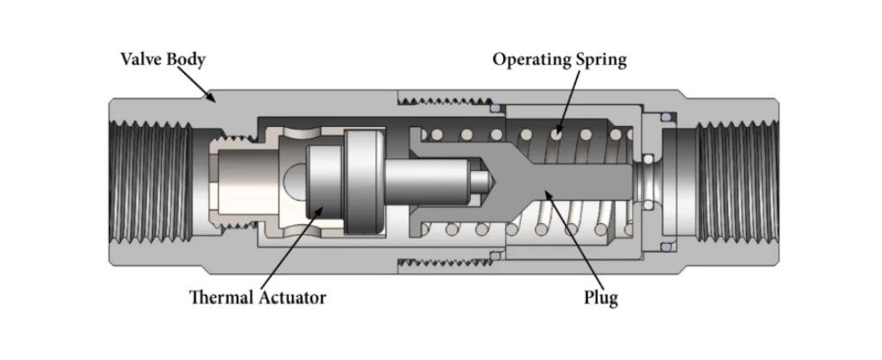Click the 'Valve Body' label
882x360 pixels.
point(163,60)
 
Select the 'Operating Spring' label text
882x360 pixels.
point(559,60)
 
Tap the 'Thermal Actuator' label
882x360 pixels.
point(257,298)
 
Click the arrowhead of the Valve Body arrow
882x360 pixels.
point(213,100)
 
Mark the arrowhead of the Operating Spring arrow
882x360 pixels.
point(555,137)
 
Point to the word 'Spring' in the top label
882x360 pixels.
point(600,60)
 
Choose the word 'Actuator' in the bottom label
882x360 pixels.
point(288,298)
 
